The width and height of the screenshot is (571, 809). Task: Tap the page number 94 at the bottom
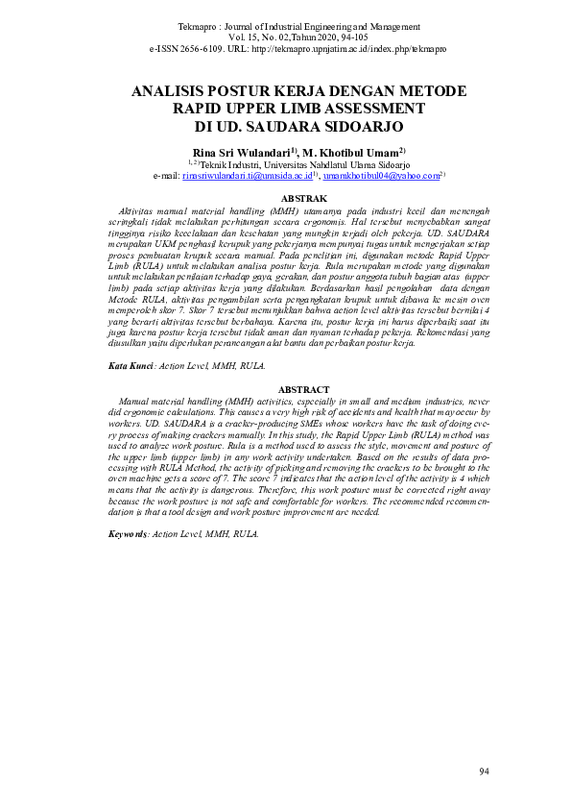tap(483, 772)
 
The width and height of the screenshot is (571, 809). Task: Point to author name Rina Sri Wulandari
tap(244, 152)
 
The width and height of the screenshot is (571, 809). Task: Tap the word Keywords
tap(128, 531)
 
